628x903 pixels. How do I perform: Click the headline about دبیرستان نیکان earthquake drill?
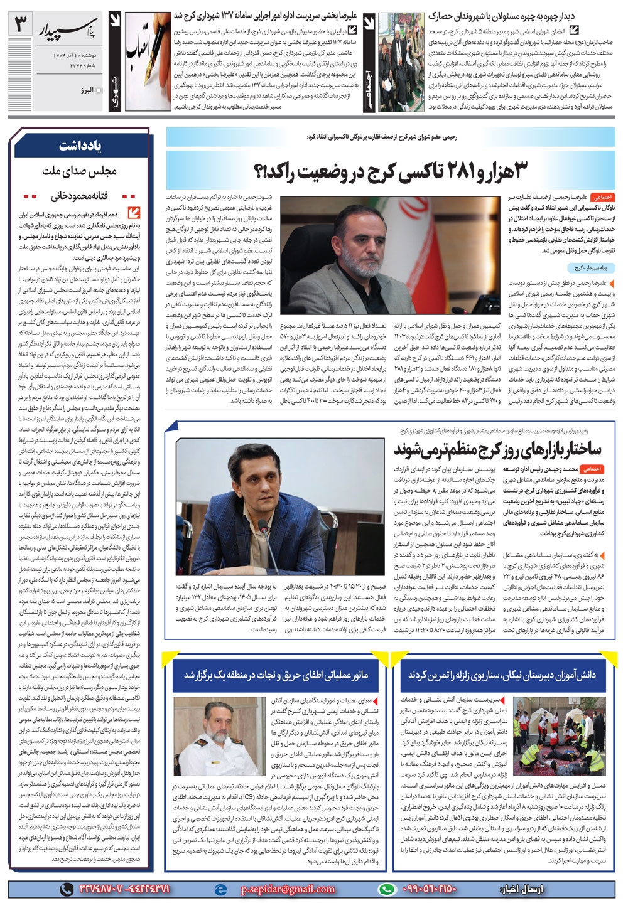click(x=502, y=675)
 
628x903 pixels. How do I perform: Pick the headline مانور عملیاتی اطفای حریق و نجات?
click(x=276, y=675)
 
